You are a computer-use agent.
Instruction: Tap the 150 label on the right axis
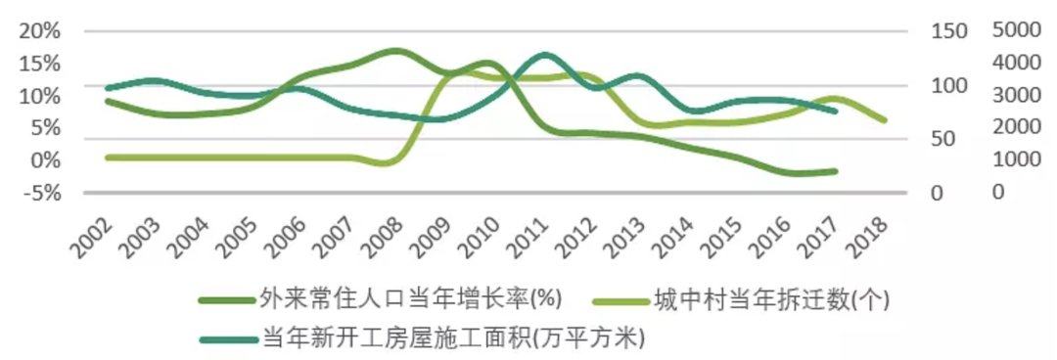(947, 31)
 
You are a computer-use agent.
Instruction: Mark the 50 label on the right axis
(942, 139)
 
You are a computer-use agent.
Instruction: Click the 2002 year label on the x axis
(90, 235)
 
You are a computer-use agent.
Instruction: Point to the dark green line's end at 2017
(837, 171)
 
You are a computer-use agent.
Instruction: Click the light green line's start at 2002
(107, 157)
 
